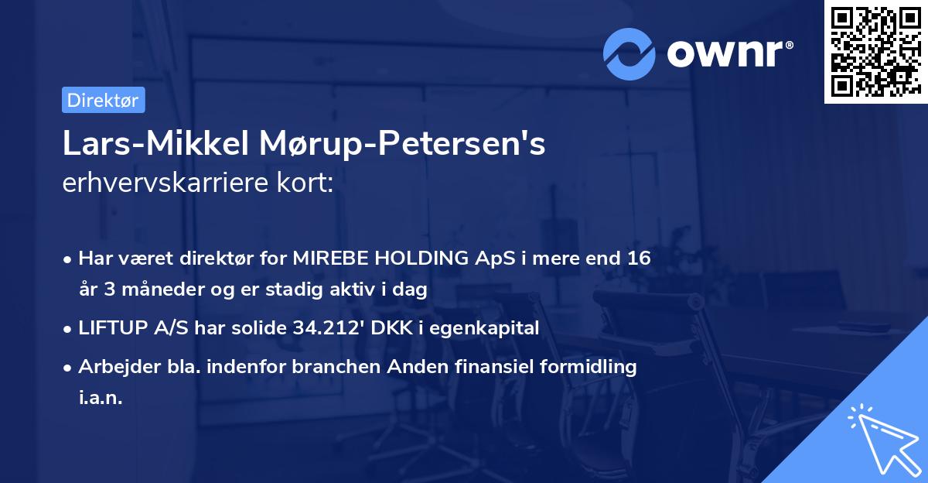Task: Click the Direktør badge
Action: [x=103, y=100]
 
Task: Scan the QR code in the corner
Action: [x=875, y=51]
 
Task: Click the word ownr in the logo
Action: [x=725, y=53]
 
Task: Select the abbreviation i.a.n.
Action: [x=101, y=398]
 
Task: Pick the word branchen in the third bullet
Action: [x=326, y=367]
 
